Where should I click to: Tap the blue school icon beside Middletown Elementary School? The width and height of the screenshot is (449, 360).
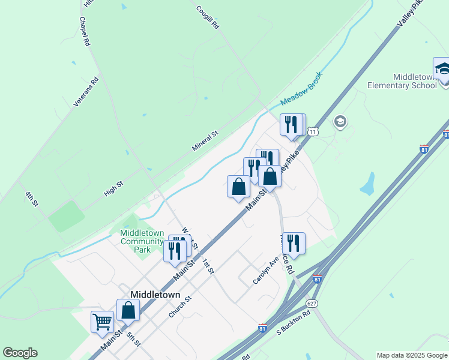coord(442,69)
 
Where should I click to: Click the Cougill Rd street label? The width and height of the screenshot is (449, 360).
coord(208,18)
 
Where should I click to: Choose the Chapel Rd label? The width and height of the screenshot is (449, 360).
coord(84,31)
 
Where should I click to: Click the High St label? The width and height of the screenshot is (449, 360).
coord(113,188)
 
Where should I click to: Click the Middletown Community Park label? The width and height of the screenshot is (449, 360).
coord(143,241)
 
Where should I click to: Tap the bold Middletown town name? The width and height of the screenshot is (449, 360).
coord(155,295)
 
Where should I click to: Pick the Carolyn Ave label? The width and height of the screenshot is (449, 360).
coord(262,272)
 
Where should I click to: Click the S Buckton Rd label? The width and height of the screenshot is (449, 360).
coord(294,322)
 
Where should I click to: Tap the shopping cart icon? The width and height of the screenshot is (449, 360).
coord(102,322)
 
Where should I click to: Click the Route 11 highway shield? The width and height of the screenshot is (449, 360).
coord(312,131)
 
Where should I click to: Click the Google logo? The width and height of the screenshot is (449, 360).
coord(20,353)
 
